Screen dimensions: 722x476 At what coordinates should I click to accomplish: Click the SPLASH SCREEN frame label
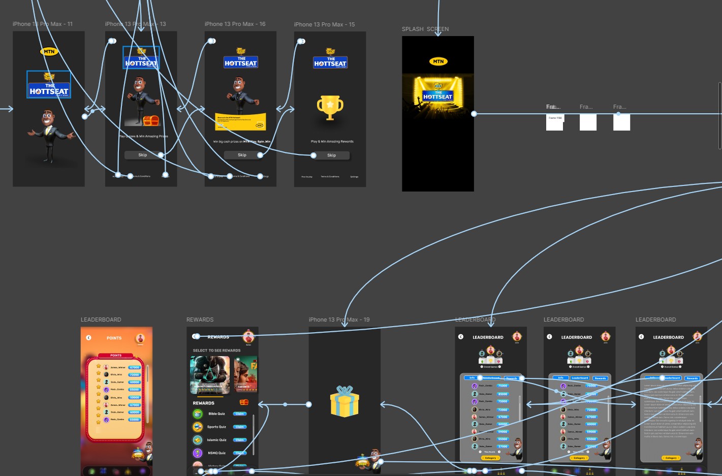425,29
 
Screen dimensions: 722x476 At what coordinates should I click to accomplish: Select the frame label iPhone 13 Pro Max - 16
235,24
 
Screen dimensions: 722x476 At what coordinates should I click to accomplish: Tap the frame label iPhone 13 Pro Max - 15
324,24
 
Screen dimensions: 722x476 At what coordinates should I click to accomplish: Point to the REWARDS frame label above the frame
200,320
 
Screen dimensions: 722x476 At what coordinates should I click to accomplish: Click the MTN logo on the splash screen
438,61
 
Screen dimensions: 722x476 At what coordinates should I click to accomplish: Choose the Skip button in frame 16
242,155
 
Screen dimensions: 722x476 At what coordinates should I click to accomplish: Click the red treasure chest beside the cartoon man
151,120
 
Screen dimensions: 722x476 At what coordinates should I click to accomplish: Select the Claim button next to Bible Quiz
240,414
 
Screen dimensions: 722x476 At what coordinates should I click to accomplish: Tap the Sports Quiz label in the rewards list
216,427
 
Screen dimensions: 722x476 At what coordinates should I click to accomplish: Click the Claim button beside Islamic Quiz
240,440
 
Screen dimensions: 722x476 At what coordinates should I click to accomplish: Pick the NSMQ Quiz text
216,453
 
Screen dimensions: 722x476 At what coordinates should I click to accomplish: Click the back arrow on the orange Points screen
88,338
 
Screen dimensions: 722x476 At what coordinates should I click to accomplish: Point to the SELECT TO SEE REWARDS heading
216,351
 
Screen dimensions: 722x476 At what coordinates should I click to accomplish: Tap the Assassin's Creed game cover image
210,375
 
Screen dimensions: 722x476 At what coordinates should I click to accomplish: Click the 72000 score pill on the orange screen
134,375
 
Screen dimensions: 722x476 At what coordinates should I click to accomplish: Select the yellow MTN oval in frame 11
49,51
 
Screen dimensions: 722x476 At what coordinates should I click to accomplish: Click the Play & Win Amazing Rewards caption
332,141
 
